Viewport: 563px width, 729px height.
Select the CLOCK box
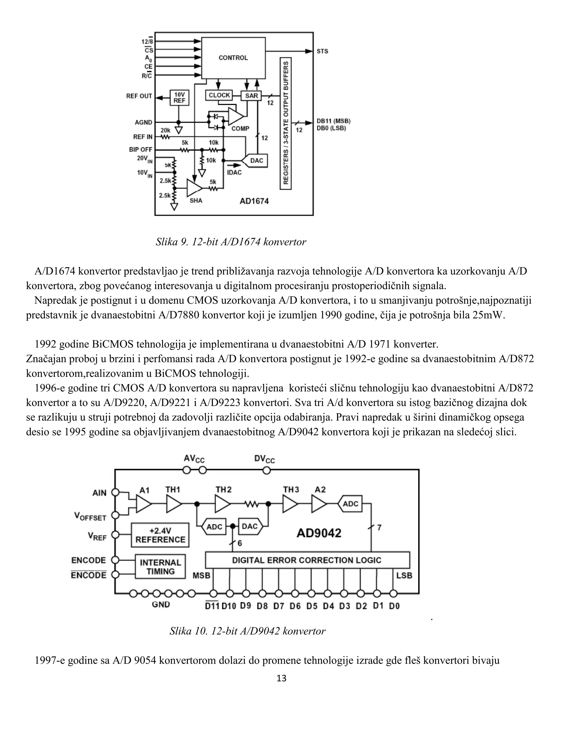tap(219, 95)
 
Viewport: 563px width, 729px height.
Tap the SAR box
tap(251, 96)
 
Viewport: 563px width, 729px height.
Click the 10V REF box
tap(180, 97)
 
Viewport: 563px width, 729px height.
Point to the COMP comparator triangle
tap(235, 116)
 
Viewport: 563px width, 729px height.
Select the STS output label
tap(322, 51)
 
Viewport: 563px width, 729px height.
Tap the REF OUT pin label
tap(139, 96)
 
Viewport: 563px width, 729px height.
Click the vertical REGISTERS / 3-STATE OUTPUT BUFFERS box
tap(286, 123)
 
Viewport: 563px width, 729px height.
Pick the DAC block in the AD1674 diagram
tap(256, 161)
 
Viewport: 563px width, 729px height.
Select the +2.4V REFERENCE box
tap(160, 535)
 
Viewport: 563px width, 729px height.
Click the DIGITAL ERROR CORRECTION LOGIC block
tap(307, 560)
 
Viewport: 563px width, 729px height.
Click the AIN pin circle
tap(115, 492)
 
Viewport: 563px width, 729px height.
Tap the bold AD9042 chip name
tap(319, 533)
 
